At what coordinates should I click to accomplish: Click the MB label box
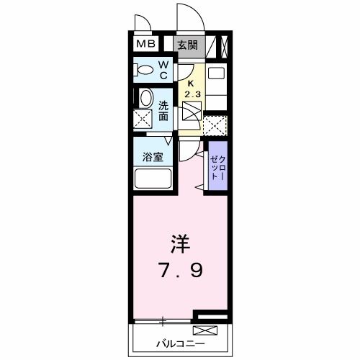point(146,45)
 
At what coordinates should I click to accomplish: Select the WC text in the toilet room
point(163,70)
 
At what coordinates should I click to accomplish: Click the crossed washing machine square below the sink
point(143,120)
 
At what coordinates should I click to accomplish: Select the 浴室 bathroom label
point(150,156)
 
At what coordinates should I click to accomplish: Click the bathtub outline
point(150,179)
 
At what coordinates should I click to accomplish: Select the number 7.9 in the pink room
point(180,271)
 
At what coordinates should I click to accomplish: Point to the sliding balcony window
point(164,318)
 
